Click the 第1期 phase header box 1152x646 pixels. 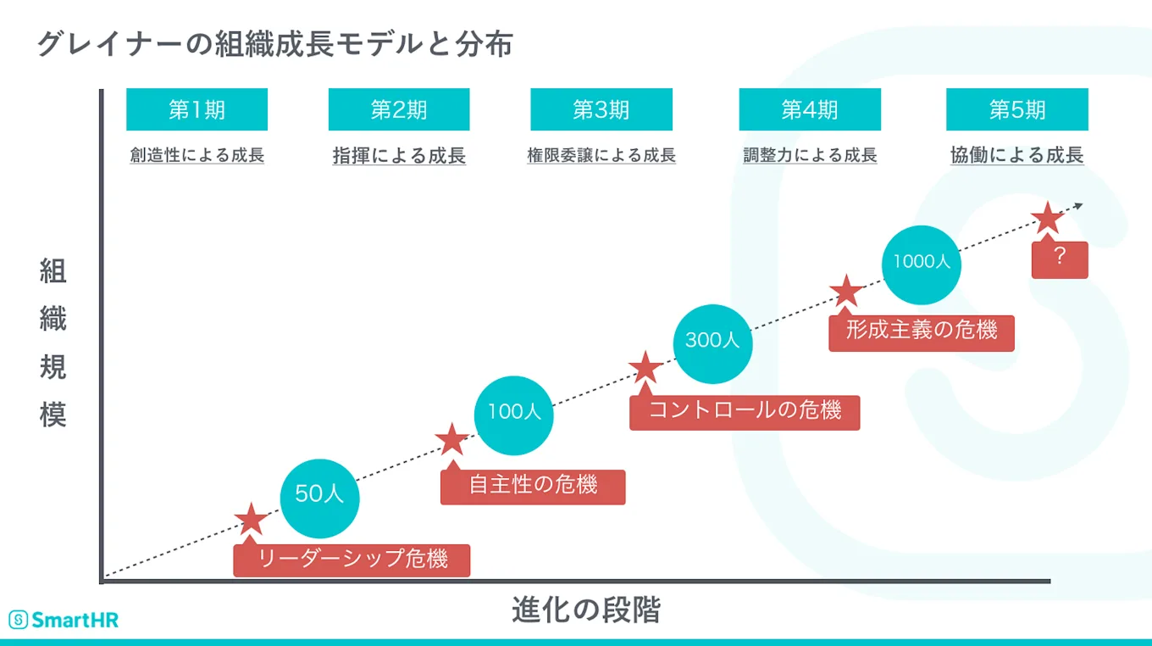(197, 109)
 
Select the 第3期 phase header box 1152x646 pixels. (601, 109)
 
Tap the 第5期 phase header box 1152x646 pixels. (1017, 109)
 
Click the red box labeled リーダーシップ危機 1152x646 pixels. (352, 560)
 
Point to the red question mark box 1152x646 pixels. (1059, 259)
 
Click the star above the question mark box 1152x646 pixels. (1048, 219)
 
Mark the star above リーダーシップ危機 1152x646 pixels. (251, 520)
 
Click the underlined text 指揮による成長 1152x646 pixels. (399, 156)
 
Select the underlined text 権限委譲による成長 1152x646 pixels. (601, 156)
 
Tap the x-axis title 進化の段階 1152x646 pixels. (585, 610)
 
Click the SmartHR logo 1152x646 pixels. (64, 620)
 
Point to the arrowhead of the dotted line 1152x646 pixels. (1078, 204)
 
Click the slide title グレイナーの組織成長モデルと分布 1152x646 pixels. (274, 43)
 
